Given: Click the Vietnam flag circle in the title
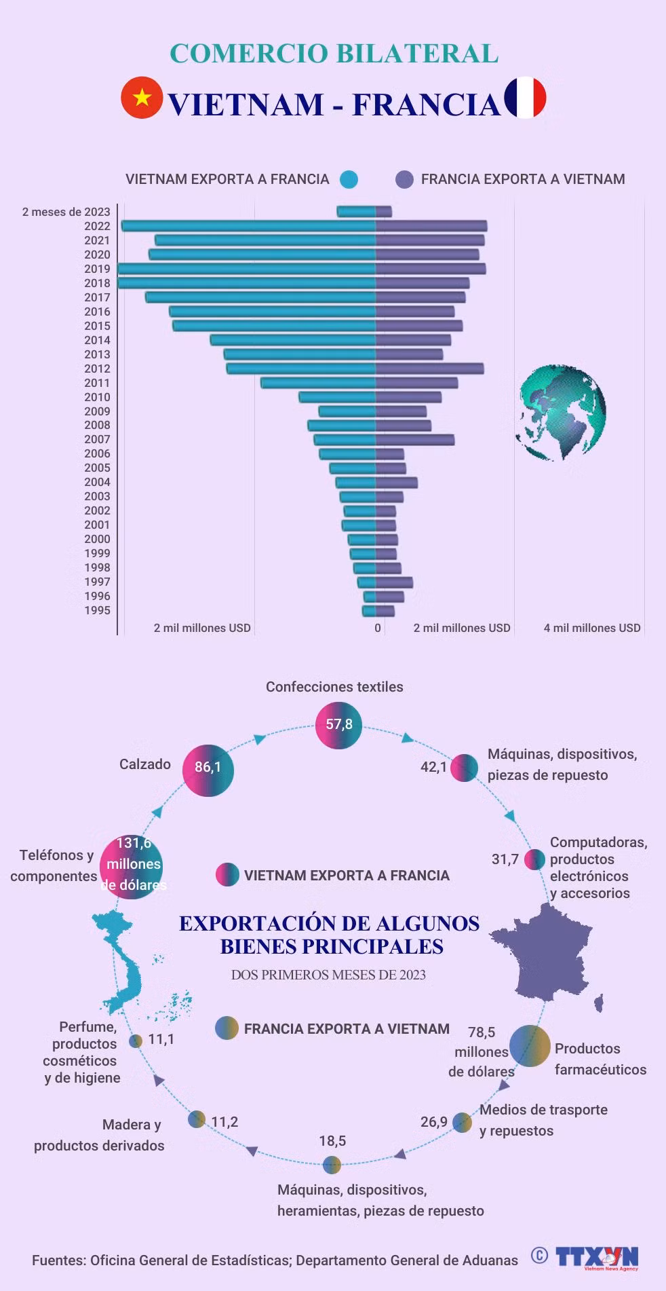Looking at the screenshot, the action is (x=142, y=98).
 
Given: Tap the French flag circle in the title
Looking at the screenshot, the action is (x=526, y=98).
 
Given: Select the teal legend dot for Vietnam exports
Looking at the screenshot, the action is (x=349, y=179).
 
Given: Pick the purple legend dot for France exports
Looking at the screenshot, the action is (x=404, y=179).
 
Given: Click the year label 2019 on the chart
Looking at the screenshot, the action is (x=97, y=269).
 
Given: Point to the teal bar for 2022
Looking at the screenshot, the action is (x=248, y=226).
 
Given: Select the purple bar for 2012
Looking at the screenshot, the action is (x=430, y=369).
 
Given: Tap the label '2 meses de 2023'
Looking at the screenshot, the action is (x=66, y=212).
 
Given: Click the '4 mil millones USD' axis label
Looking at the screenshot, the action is (x=592, y=628).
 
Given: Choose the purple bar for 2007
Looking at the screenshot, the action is (x=415, y=440).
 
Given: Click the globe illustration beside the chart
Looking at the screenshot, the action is (x=561, y=413).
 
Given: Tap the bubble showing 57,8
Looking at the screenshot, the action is (x=339, y=725).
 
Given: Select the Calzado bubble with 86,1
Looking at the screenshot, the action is (x=208, y=770).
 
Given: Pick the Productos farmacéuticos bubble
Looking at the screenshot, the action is (x=530, y=1045).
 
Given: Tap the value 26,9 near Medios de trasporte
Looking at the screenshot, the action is (x=433, y=1121).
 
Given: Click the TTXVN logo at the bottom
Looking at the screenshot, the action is (x=597, y=1257).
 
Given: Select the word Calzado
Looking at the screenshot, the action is (x=145, y=764).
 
